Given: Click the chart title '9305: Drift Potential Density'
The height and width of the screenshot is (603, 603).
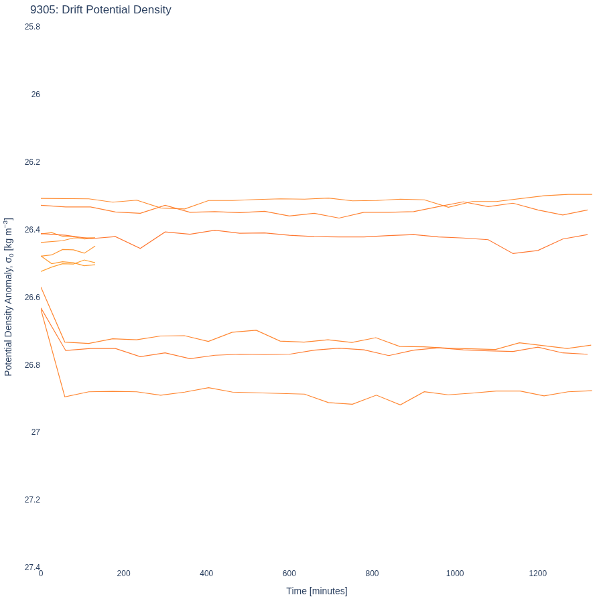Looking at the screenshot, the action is (x=100, y=9).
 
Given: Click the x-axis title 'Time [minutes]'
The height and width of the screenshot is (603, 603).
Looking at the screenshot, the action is (x=316, y=591).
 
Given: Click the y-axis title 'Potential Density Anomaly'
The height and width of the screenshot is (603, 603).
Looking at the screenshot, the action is (x=8, y=306).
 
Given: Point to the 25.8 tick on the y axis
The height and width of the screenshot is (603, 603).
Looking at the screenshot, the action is (x=32, y=27).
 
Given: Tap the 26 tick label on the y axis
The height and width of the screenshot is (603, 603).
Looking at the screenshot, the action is (x=36, y=94).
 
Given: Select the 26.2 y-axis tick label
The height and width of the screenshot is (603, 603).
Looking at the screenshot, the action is (x=32, y=162).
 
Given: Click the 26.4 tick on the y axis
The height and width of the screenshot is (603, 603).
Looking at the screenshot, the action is (x=32, y=230).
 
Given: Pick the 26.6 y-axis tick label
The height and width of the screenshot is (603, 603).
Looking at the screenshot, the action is (x=32, y=297).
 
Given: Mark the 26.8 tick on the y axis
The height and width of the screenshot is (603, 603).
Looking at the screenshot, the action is (x=32, y=364).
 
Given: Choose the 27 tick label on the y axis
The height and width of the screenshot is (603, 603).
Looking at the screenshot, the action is (x=36, y=432).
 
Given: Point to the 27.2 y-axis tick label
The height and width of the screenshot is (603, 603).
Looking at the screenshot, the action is (x=32, y=500).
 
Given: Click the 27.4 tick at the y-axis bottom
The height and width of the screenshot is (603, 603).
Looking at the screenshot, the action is (x=32, y=567).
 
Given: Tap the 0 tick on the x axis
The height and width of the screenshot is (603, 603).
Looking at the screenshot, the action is (x=41, y=574).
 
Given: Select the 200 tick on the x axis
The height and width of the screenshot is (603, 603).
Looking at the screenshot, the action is (x=124, y=574).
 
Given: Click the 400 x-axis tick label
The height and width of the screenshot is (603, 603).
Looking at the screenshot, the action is (x=206, y=574).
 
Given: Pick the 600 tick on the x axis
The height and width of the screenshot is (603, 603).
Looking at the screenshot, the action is (x=289, y=574).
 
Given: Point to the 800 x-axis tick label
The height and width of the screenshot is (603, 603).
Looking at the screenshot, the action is (x=373, y=574).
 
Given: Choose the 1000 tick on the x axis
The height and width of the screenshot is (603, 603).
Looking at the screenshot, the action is (x=455, y=574).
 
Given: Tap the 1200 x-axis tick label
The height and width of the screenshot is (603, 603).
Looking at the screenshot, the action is (x=537, y=574).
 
